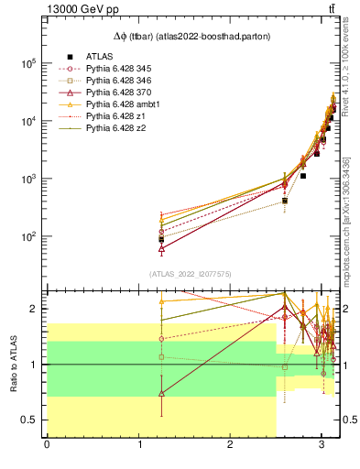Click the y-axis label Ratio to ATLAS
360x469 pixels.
pos(14,364)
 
